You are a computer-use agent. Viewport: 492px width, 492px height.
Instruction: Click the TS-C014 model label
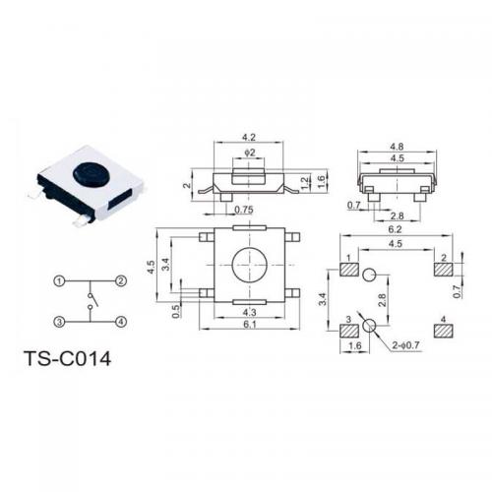click(68, 358)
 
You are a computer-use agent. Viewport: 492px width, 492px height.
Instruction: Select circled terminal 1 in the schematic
click(59, 281)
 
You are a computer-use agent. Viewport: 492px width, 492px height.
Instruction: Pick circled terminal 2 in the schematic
click(121, 281)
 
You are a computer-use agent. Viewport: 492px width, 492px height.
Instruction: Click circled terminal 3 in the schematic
click(59, 322)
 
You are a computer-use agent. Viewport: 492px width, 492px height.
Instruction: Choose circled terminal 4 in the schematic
click(121, 322)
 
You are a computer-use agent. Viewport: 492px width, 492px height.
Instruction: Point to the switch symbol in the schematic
click(92, 301)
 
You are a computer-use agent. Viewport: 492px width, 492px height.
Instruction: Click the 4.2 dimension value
click(249, 137)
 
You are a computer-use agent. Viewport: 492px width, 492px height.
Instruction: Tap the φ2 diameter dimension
click(250, 153)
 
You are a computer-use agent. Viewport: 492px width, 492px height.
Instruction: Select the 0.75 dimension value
click(244, 210)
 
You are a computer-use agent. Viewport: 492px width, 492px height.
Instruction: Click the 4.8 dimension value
click(397, 147)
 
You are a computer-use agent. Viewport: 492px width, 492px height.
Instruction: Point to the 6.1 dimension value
click(250, 324)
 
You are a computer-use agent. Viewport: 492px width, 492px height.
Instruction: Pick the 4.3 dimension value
click(249, 312)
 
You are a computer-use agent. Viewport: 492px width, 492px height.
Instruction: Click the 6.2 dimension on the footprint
click(395, 229)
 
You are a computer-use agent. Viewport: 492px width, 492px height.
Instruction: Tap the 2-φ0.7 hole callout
click(405, 345)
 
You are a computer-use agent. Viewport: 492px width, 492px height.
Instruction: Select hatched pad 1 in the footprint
click(349, 270)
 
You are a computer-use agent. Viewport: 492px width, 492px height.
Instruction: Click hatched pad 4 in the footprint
click(444, 332)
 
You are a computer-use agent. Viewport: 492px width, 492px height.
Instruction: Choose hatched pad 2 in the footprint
click(444, 270)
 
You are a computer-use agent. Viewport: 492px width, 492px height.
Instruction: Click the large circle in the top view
click(249, 265)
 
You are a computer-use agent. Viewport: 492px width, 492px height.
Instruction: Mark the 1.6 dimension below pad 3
click(355, 345)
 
